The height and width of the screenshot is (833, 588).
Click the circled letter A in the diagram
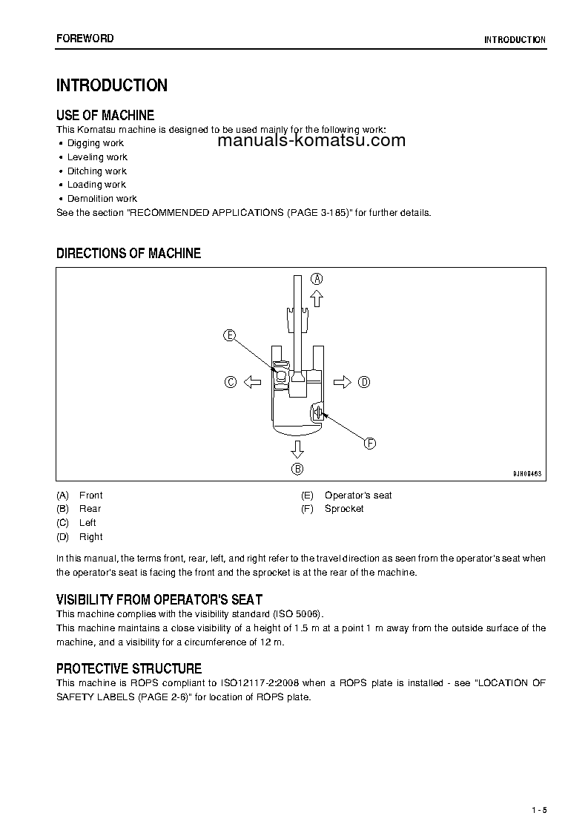317,279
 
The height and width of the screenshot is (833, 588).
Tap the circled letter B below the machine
297,468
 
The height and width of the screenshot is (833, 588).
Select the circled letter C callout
231,382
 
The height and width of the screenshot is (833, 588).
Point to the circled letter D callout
364,382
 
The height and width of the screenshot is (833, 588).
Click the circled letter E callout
230,335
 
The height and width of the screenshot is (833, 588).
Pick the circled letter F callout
370,444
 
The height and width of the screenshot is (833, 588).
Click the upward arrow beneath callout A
317,298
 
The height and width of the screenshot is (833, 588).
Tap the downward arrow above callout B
297,448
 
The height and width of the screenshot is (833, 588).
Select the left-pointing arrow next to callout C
252,382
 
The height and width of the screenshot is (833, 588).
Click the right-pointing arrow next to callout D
342,382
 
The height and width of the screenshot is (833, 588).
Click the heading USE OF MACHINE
105,115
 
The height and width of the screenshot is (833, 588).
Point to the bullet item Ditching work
97,171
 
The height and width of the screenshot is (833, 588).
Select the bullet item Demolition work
102,198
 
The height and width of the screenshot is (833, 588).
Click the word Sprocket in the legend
344,509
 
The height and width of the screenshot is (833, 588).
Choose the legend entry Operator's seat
358,495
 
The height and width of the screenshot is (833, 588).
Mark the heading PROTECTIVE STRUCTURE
129,668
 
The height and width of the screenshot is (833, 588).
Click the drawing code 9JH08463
527,473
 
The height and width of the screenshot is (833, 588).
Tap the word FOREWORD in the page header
85,39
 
